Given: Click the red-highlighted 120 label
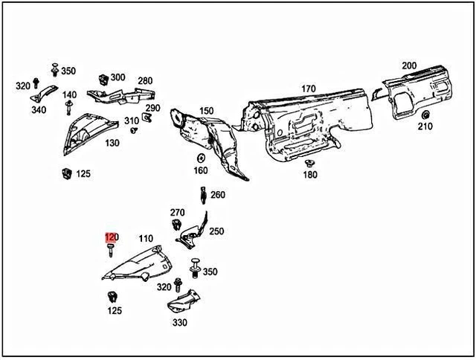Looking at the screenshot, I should (x=111, y=238).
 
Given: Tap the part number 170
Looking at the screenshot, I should (x=308, y=89).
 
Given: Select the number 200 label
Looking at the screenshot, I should (x=409, y=65).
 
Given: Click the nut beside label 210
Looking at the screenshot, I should (x=425, y=115).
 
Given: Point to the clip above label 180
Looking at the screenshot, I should (x=310, y=163).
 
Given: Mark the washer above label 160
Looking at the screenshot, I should (x=201, y=158).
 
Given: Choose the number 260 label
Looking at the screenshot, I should (x=217, y=196).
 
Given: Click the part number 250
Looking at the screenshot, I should (x=216, y=231).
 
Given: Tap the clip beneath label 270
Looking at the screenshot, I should (x=177, y=225).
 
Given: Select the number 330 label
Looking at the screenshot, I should (x=180, y=323).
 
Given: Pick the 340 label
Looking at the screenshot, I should (x=39, y=110).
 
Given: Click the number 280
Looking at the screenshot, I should (x=144, y=81).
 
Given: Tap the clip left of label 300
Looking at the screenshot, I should (x=102, y=78).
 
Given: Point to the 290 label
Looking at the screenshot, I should (x=152, y=108).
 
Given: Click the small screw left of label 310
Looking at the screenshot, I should (x=134, y=129).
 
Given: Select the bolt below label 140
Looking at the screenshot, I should (x=68, y=109).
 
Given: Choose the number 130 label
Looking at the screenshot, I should (x=112, y=142).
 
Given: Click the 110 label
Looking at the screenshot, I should (x=147, y=239).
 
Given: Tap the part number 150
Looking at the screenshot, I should (x=206, y=111).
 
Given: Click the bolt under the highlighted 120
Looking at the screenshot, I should (x=110, y=251).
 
